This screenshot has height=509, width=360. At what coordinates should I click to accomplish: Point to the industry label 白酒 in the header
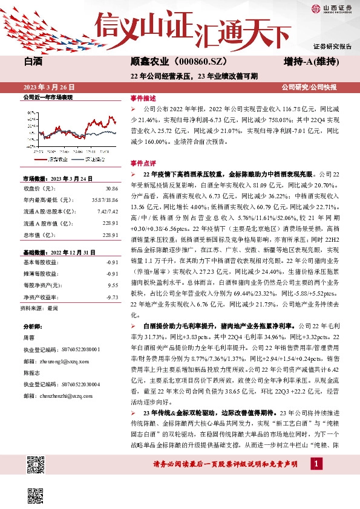point(33,62)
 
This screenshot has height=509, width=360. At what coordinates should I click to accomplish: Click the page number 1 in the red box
point(316,463)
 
